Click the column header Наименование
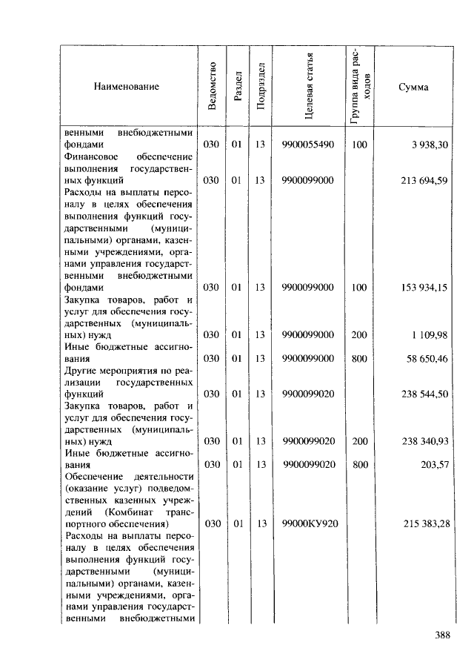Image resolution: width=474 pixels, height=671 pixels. click(x=127, y=87)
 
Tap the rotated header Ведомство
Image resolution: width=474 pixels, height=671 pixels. click(x=213, y=87)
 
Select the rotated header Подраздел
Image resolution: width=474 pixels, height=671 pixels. click(x=260, y=87)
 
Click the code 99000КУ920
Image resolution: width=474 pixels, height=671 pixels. click(x=310, y=524)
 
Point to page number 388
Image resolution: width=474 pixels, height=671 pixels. click(x=443, y=635)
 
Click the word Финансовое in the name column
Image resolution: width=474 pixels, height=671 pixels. click(x=93, y=156)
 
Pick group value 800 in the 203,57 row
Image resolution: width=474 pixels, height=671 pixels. click(x=359, y=465)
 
